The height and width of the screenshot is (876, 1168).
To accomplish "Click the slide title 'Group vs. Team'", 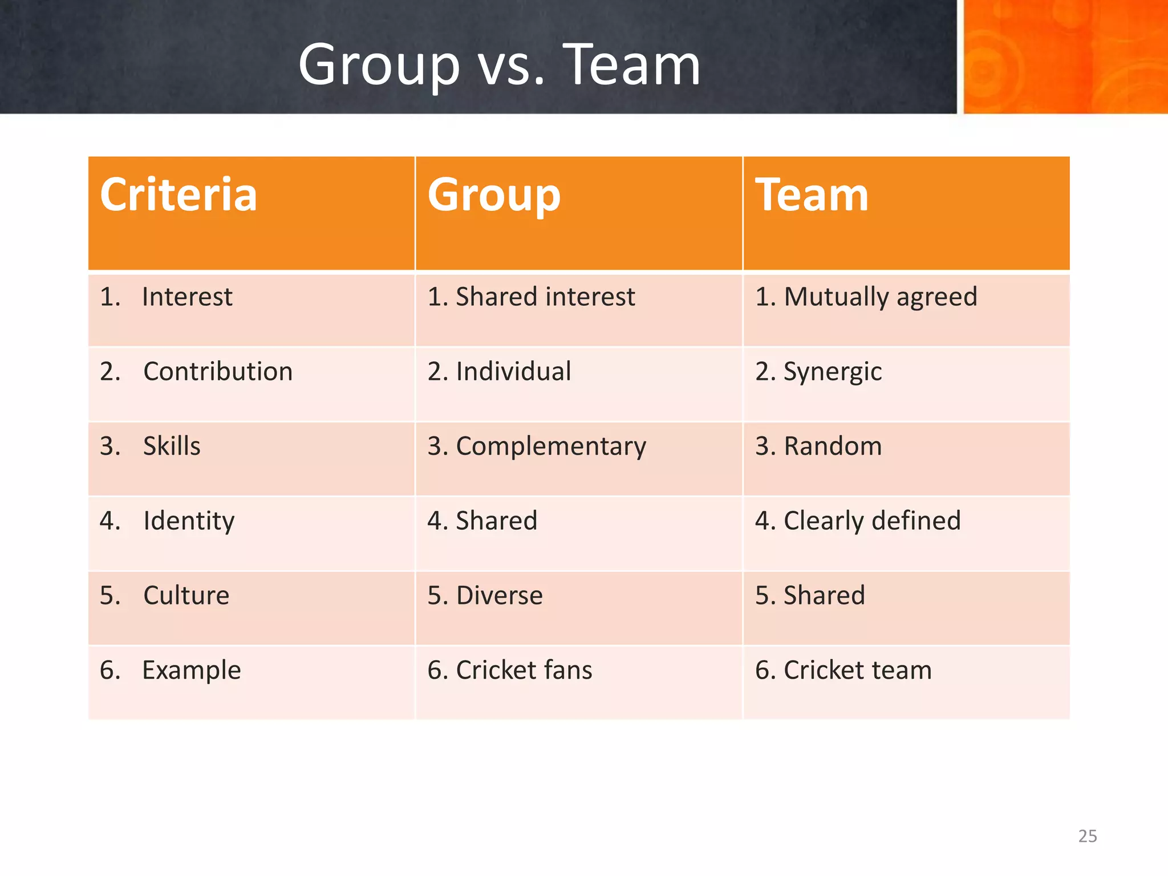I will pos(499,66).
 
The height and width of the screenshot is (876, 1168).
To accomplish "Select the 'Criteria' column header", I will pos(179,195).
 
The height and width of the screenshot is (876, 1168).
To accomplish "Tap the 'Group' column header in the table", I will pos(494,195).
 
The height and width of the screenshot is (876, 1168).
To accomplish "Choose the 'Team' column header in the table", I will pos(812,195).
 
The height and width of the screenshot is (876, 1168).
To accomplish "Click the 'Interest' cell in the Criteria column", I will pos(187,297).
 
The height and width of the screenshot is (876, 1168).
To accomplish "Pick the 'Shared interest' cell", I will pos(545,297).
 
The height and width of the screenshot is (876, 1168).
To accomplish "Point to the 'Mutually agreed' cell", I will pos(880,297).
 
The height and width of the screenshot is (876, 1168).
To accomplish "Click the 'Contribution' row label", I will pos(218,371).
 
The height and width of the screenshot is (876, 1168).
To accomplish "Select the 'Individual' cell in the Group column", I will pos(513,371).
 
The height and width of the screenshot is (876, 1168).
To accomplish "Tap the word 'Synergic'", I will pos(833,372).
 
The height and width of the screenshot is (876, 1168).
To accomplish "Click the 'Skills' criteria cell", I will pos(172,446).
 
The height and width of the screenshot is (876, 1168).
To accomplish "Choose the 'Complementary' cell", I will pos(551,446).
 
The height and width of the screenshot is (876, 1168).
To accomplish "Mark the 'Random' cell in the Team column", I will pos(833,446).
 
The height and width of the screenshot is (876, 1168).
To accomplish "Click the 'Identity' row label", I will pos(189,521).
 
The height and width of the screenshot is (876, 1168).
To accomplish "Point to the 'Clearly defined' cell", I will pos(872,521).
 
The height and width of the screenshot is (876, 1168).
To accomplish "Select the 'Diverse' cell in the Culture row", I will pos(500,595).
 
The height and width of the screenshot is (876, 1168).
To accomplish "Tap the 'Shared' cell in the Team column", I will pos(824,595).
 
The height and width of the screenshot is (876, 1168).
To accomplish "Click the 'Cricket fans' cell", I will pos(524,670).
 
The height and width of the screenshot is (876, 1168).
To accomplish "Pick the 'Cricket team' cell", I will pos(857,670).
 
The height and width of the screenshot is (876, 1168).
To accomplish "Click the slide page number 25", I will pos(1088,836).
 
